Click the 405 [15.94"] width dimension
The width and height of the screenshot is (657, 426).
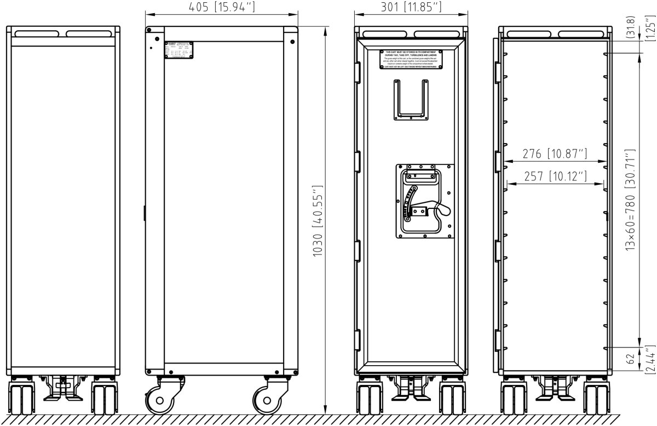coord(222,8)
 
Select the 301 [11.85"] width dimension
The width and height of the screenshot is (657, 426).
coord(411,8)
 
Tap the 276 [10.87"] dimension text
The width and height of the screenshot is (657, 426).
coord(555,154)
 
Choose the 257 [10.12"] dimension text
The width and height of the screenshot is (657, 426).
coord(555,176)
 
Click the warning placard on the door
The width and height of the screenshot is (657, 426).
coord(411,59)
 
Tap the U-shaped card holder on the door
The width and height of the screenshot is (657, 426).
coord(411,99)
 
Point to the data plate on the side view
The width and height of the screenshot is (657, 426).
coord(180,50)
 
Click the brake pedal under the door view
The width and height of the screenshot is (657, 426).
coord(412,389)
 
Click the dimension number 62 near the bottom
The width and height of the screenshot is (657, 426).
coord(630,360)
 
